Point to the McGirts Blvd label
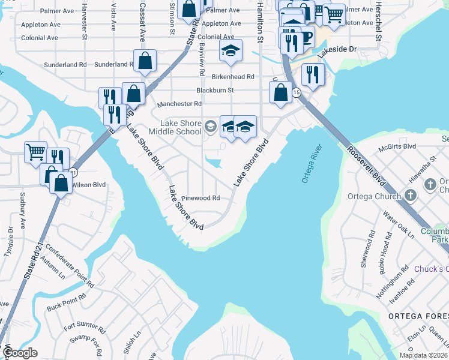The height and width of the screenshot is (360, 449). tap(397, 146)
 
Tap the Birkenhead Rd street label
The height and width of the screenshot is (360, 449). tap(233, 77)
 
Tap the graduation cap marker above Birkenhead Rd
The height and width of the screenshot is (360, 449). tap(231, 52)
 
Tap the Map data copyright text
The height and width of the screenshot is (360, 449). tap(424, 355)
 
